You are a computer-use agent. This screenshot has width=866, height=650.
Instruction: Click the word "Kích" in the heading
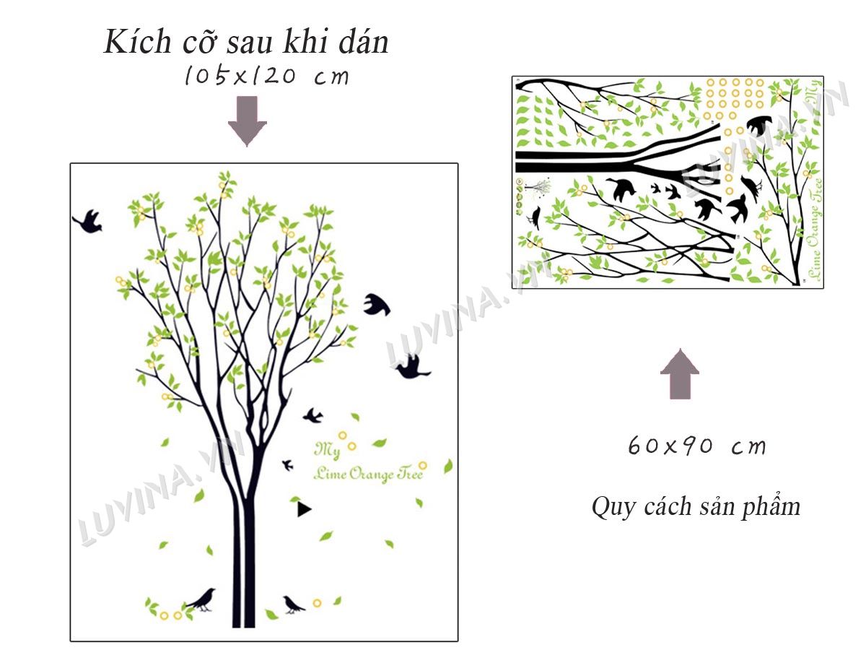pos(137,41)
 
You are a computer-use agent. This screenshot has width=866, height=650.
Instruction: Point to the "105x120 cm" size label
pos(267,75)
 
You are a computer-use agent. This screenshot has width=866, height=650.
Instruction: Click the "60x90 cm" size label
pos(696,446)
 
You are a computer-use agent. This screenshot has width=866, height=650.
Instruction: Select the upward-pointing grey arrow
pos(679,373)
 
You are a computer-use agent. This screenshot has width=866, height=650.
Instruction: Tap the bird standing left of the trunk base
pos(201,600)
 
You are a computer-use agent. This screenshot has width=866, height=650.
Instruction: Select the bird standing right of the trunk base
pos(293,604)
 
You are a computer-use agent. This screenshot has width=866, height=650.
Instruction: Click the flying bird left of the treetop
pos(87,222)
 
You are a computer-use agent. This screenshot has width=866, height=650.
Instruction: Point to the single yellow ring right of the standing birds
pos(317,603)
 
